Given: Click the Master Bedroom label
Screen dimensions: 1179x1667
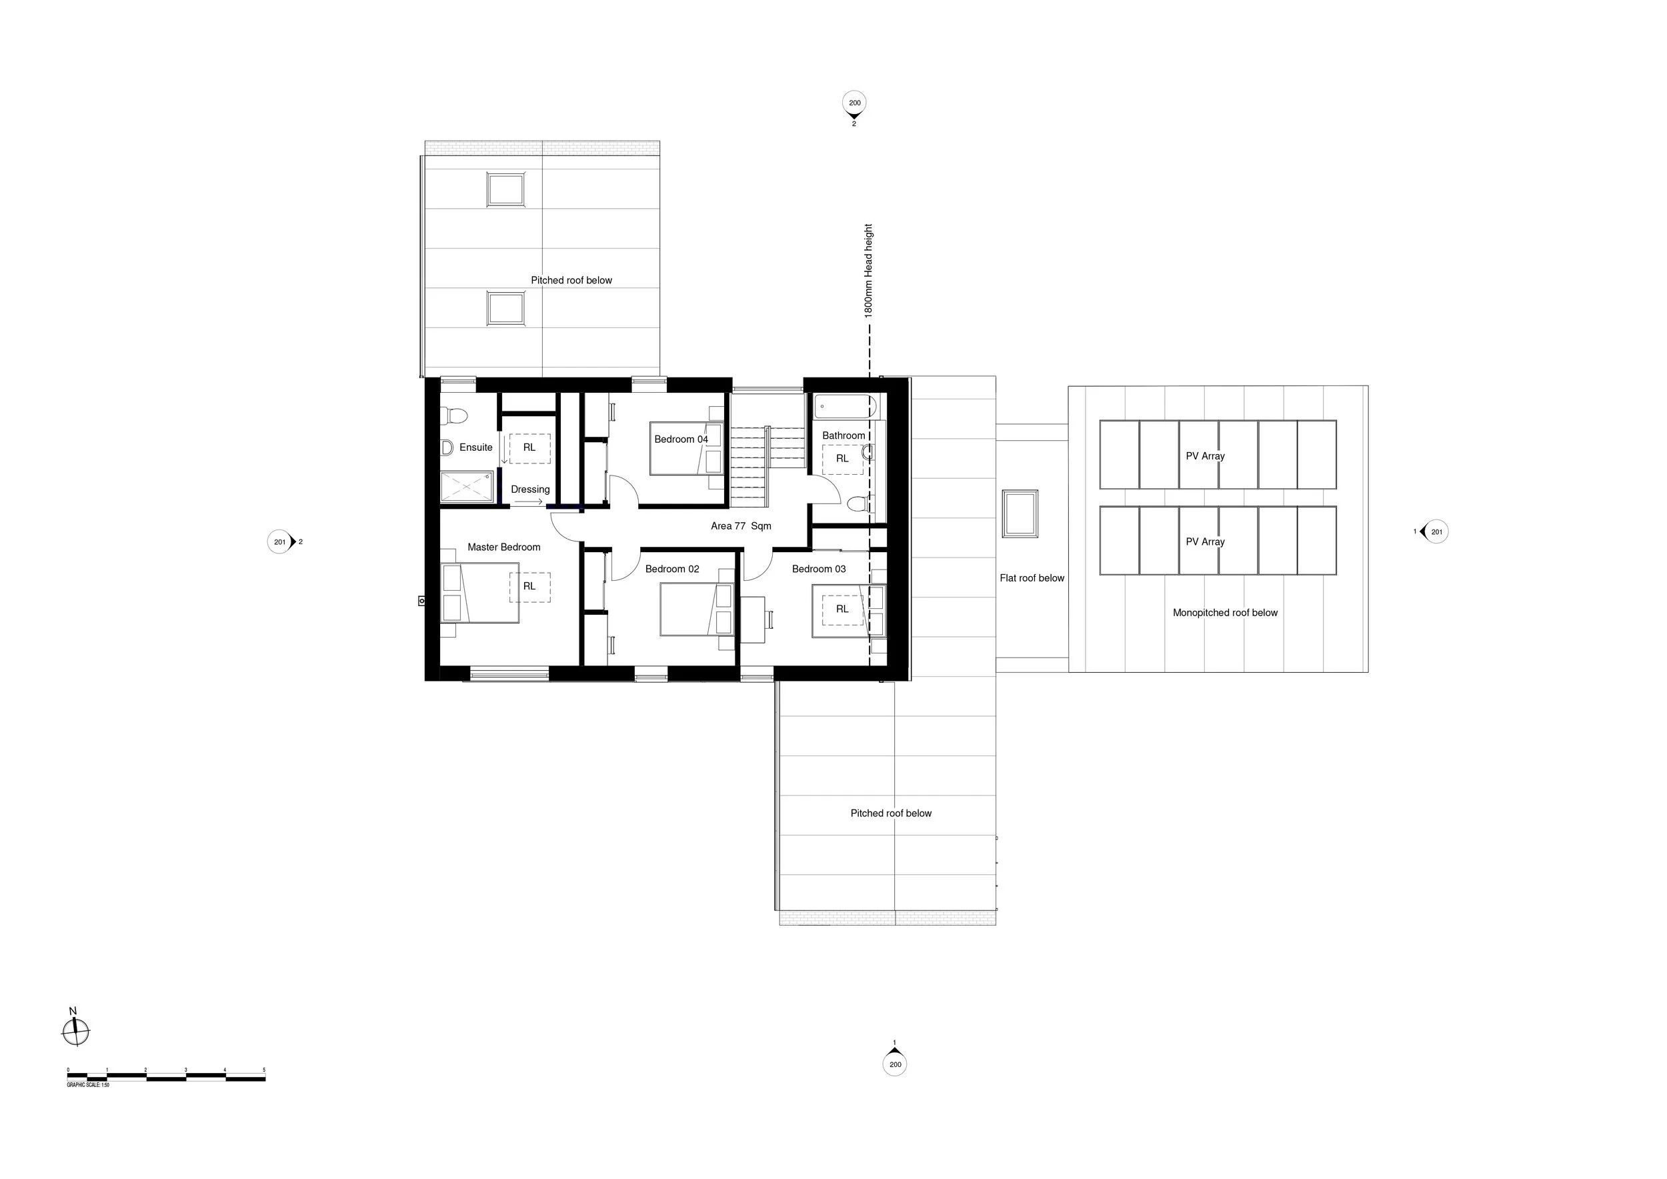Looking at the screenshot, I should pos(503,547).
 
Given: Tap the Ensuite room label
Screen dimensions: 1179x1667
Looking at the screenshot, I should pos(475,447).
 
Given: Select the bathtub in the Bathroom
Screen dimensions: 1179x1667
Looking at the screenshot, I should pos(845,407).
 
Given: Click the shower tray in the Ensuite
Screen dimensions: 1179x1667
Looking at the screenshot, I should pos(467,486).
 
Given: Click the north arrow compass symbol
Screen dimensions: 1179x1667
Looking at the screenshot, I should pos(75,1030).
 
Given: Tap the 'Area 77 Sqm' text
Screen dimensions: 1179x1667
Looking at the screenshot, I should pos(741,525).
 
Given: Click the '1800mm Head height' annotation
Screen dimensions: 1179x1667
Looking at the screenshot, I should pos(868,270).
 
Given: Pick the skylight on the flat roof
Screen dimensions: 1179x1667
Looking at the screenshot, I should pos(1020,513).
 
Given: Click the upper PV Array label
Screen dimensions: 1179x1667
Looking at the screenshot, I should pos(1204,456).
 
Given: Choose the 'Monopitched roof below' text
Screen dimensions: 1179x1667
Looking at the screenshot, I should pos(1225,613).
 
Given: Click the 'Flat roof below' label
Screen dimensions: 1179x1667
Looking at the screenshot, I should pos(1031,578).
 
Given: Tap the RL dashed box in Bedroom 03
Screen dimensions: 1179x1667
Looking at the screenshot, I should pos(842,609).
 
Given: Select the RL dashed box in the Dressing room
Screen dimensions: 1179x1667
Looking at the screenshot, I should pos(529,448).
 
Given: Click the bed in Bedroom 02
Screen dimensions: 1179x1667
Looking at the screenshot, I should pos(696,609).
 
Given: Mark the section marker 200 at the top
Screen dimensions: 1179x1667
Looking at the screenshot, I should pos(855,103).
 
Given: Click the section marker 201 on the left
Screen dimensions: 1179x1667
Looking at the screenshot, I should pos(279,541).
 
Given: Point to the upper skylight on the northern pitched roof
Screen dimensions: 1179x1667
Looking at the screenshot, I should pos(506,190).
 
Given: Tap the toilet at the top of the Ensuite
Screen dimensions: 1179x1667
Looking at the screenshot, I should pos(455,415).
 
